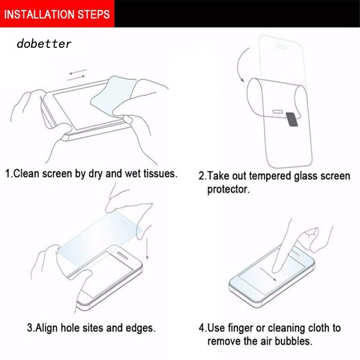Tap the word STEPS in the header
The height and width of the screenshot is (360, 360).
[94, 14]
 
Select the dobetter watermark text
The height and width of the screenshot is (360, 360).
[44, 44]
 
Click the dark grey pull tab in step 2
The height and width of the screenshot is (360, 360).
[292, 119]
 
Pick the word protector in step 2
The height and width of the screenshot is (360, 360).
[228, 190]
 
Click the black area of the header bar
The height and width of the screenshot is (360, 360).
[237, 14]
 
